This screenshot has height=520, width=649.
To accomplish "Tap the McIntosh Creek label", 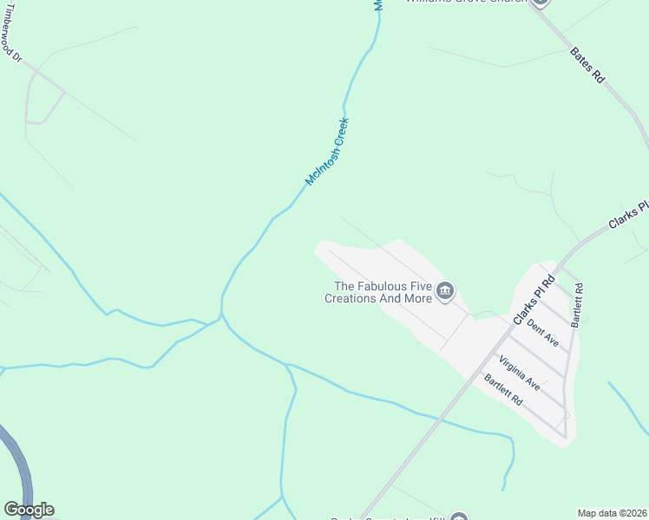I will pos(327,152).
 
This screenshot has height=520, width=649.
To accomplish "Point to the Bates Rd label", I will pos(587,65).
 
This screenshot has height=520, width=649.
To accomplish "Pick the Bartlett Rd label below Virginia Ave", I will pos(504,390).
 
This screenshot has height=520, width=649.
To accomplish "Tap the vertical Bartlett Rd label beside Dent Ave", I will pos(578,303).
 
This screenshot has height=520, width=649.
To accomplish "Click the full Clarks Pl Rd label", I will pos(533,300).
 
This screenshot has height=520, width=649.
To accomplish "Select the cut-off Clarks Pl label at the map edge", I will pos(628,216).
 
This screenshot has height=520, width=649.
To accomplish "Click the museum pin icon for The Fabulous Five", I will pos(445,291).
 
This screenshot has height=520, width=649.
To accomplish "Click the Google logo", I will pos(29,510).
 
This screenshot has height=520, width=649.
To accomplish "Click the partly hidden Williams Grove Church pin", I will pos(541,3).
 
